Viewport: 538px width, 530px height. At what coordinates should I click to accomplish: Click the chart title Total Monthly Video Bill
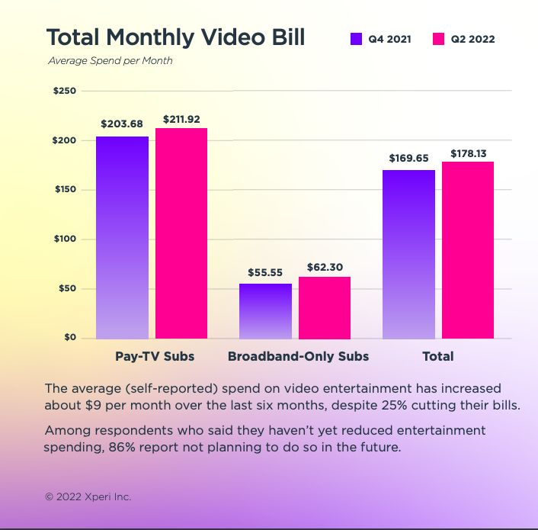click(x=175, y=38)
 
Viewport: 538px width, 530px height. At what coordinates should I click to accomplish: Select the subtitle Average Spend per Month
click(x=110, y=61)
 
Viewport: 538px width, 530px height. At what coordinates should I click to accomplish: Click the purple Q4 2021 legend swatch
click(x=356, y=39)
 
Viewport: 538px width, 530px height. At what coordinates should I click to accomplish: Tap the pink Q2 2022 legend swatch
click(x=438, y=39)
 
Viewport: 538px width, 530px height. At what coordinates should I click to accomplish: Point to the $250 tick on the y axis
click(x=65, y=91)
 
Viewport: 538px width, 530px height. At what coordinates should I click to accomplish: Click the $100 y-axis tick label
click(x=65, y=239)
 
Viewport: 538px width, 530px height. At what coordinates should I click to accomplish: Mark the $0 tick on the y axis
click(x=69, y=337)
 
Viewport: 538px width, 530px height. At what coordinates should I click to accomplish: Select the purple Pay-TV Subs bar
click(x=122, y=237)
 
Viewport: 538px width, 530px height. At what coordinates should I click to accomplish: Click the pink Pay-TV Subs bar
click(x=181, y=233)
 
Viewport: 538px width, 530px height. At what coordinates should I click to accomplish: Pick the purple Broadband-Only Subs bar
click(x=265, y=311)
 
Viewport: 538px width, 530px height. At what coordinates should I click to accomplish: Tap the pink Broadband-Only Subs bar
click(x=325, y=307)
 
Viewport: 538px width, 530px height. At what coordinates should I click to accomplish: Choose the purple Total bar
click(x=408, y=254)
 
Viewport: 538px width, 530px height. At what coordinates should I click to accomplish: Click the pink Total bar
click(x=468, y=250)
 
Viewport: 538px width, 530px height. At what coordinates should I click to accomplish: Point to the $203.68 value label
click(x=122, y=124)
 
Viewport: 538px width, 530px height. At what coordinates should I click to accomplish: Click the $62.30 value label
click(x=325, y=267)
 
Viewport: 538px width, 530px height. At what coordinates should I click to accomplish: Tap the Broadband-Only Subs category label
click(x=298, y=356)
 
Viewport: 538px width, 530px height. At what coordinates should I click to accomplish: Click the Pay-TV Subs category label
click(x=155, y=356)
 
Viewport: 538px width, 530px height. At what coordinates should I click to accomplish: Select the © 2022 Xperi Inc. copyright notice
click(x=88, y=496)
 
